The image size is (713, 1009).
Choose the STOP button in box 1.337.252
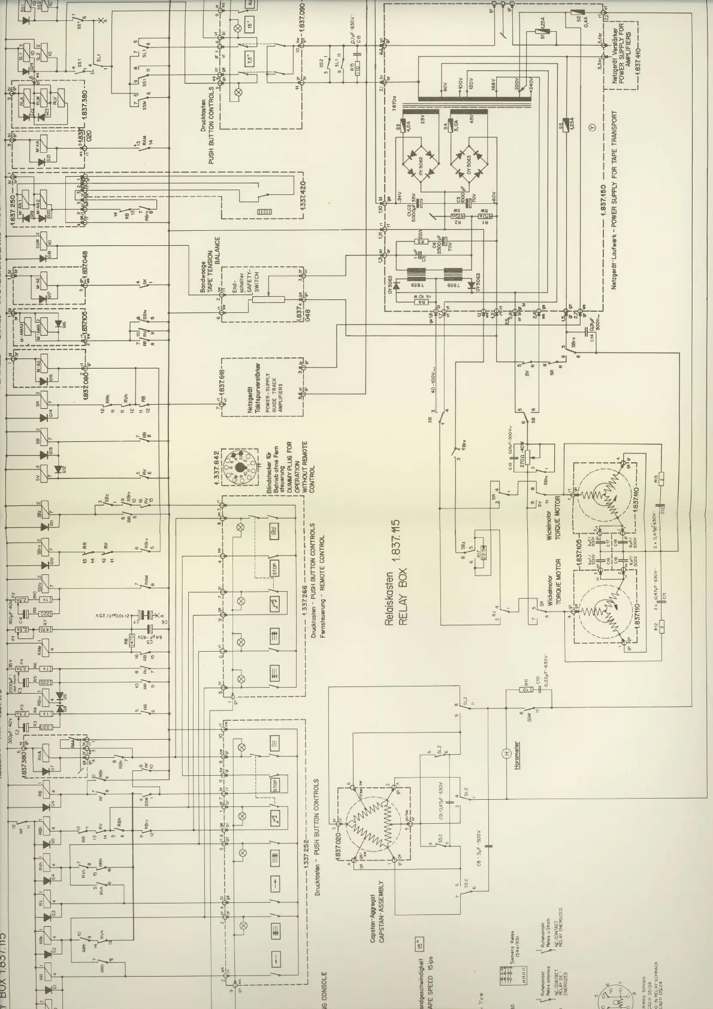click(x=276, y=785)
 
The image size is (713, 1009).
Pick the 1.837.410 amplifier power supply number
click(x=637, y=54)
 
